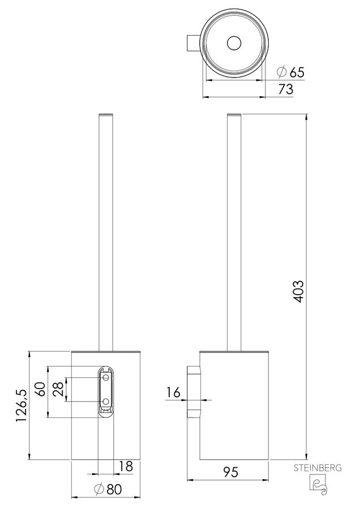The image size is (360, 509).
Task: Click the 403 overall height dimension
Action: [299, 291]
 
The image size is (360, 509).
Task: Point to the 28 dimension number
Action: [58, 389]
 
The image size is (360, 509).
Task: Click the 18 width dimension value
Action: [126, 467]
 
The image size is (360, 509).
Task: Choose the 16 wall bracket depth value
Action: [173, 393]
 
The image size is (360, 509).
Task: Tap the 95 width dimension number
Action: [230, 472]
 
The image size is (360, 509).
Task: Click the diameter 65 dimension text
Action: [291, 72]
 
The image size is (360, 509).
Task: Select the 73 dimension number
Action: [286, 89]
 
